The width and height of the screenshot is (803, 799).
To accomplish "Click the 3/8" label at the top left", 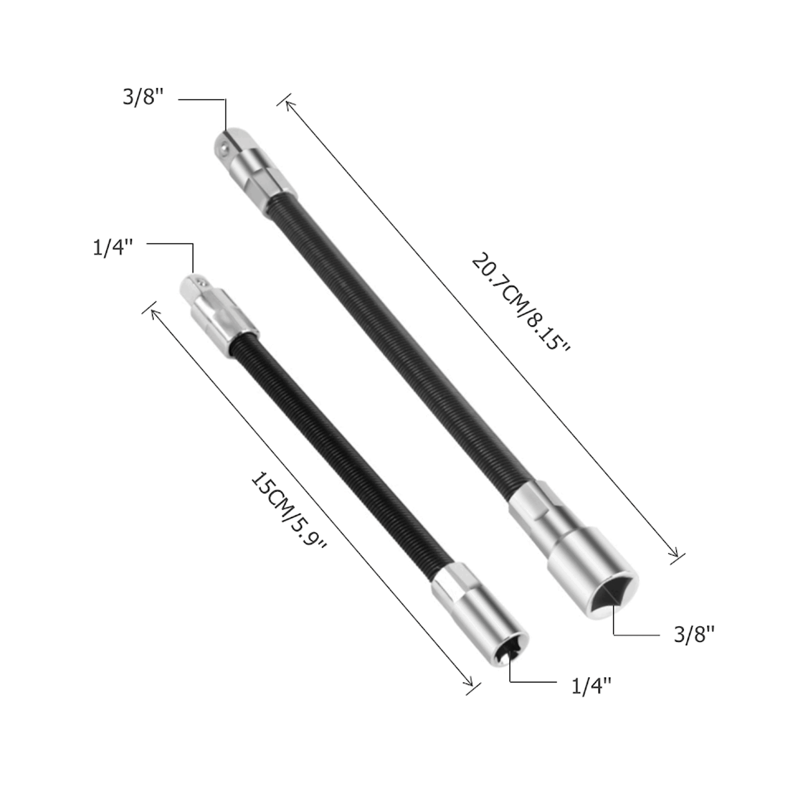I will pyautogui.click(x=142, y=97).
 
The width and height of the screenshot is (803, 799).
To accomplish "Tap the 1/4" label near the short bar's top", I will pyautogui.click(x=112, y=248).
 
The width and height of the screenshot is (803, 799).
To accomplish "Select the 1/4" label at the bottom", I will pyautogui.click(x=591, y=686).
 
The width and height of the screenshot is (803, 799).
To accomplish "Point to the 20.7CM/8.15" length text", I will pyautogui.click(x=520, y=303).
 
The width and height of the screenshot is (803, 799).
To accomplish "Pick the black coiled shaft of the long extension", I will pyautogui.click(x=396, y=342).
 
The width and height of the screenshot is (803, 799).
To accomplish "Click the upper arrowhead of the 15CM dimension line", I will pyautogui.click(x=153, y=311).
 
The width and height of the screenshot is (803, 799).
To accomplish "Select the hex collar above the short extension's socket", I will pyautogui.click(x=455, y=583).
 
